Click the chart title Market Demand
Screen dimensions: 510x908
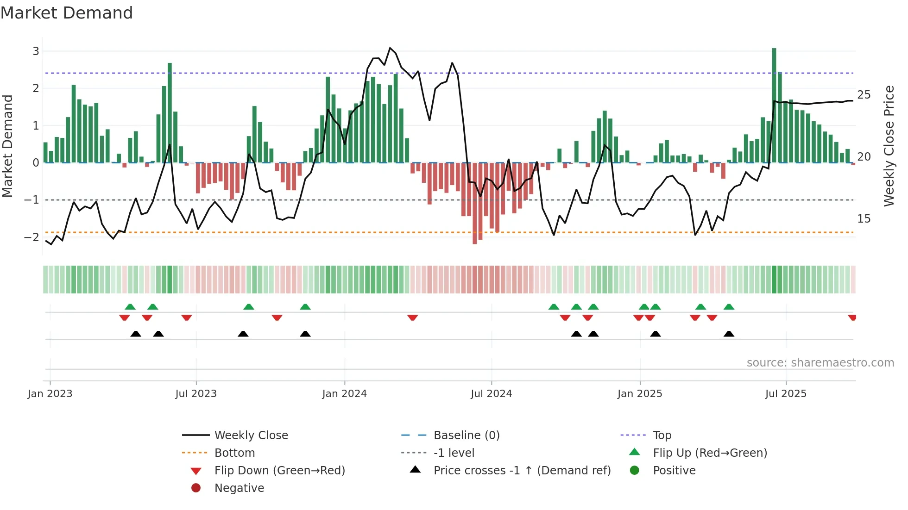pos(67,13)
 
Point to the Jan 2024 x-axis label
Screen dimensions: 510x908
pos(344,394)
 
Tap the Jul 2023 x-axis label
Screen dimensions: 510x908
pos(196,394)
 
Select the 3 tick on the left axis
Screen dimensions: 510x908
pos(36,51)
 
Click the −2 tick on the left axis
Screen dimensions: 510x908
pos(32,237)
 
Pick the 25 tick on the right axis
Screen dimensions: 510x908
pos(864,95)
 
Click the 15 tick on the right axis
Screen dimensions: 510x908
pos(864,219)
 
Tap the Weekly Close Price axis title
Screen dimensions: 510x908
pos(889,146)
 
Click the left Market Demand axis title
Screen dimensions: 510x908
pos(8,146)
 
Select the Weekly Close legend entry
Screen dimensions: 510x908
pos(251,435)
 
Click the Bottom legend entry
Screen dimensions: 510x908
pos(234,453)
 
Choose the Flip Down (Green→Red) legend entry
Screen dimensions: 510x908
pos(279,471)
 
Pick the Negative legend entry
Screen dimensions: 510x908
pos(239,488)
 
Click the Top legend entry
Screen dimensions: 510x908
pos(662,435)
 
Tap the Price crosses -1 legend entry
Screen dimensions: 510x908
pos(522,471)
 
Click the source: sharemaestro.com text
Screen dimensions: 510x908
pos(820,363)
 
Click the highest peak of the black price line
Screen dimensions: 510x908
pos(390,48)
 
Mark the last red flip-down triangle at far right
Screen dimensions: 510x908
pos(852,317)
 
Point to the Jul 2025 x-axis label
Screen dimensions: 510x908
pos(786,394)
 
